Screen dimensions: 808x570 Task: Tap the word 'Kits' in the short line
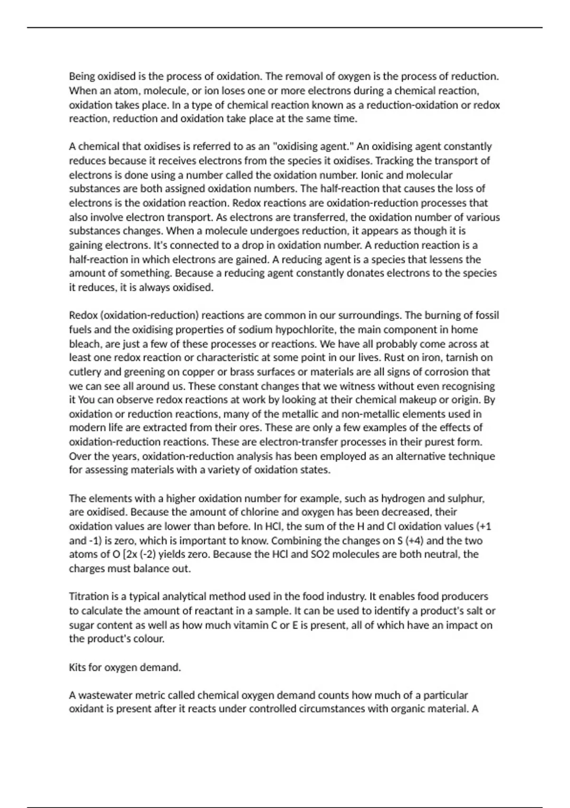point(77,667)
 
